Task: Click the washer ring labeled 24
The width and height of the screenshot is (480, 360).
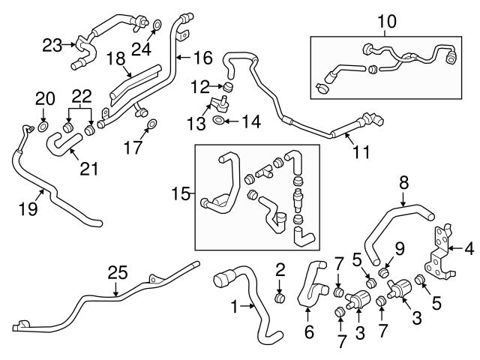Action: (156, 28)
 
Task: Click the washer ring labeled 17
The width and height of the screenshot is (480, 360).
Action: (151, 124)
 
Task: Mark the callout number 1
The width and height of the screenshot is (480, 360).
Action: (235, 306)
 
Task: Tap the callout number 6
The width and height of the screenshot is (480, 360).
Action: (307, 331)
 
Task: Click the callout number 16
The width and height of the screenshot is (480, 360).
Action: (203, 57)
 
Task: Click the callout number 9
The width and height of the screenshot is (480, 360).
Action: (400, 247)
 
